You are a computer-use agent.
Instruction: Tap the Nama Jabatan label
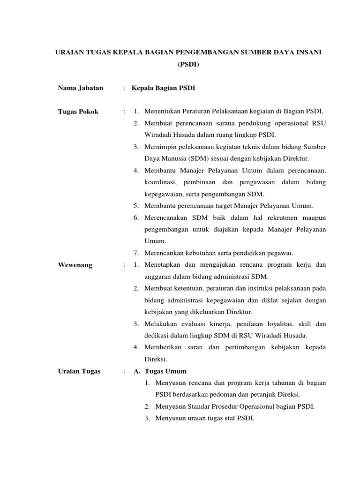click(x=81, y=88)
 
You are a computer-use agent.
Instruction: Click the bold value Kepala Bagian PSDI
click(x=163, y=88)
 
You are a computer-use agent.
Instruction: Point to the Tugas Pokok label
click(x=78, y=112)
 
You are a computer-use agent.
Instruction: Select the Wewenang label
click(x=75, y=265)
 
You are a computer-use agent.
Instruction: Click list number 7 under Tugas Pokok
click(x=135, y=253)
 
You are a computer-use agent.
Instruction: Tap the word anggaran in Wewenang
click(x=158, y=277)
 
